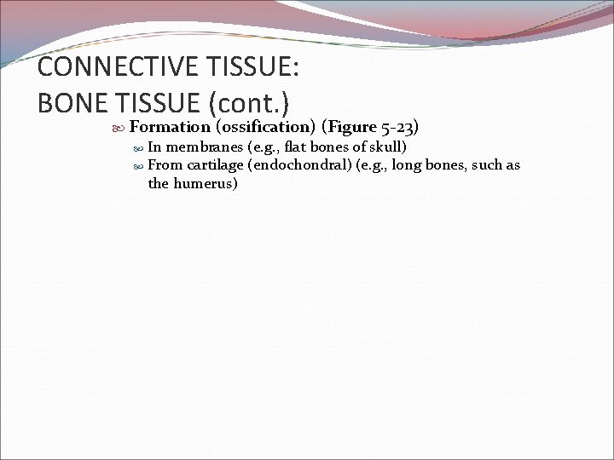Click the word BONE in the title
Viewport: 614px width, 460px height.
(x=68, y=102)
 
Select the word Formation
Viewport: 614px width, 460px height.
(x=171, y=128)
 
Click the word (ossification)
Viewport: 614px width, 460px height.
(x=266, y=128)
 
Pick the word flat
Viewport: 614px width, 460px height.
(x=297, y=147)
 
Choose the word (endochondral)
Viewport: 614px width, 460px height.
(x=294, y=165)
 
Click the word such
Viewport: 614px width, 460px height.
(x=482, y=165)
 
